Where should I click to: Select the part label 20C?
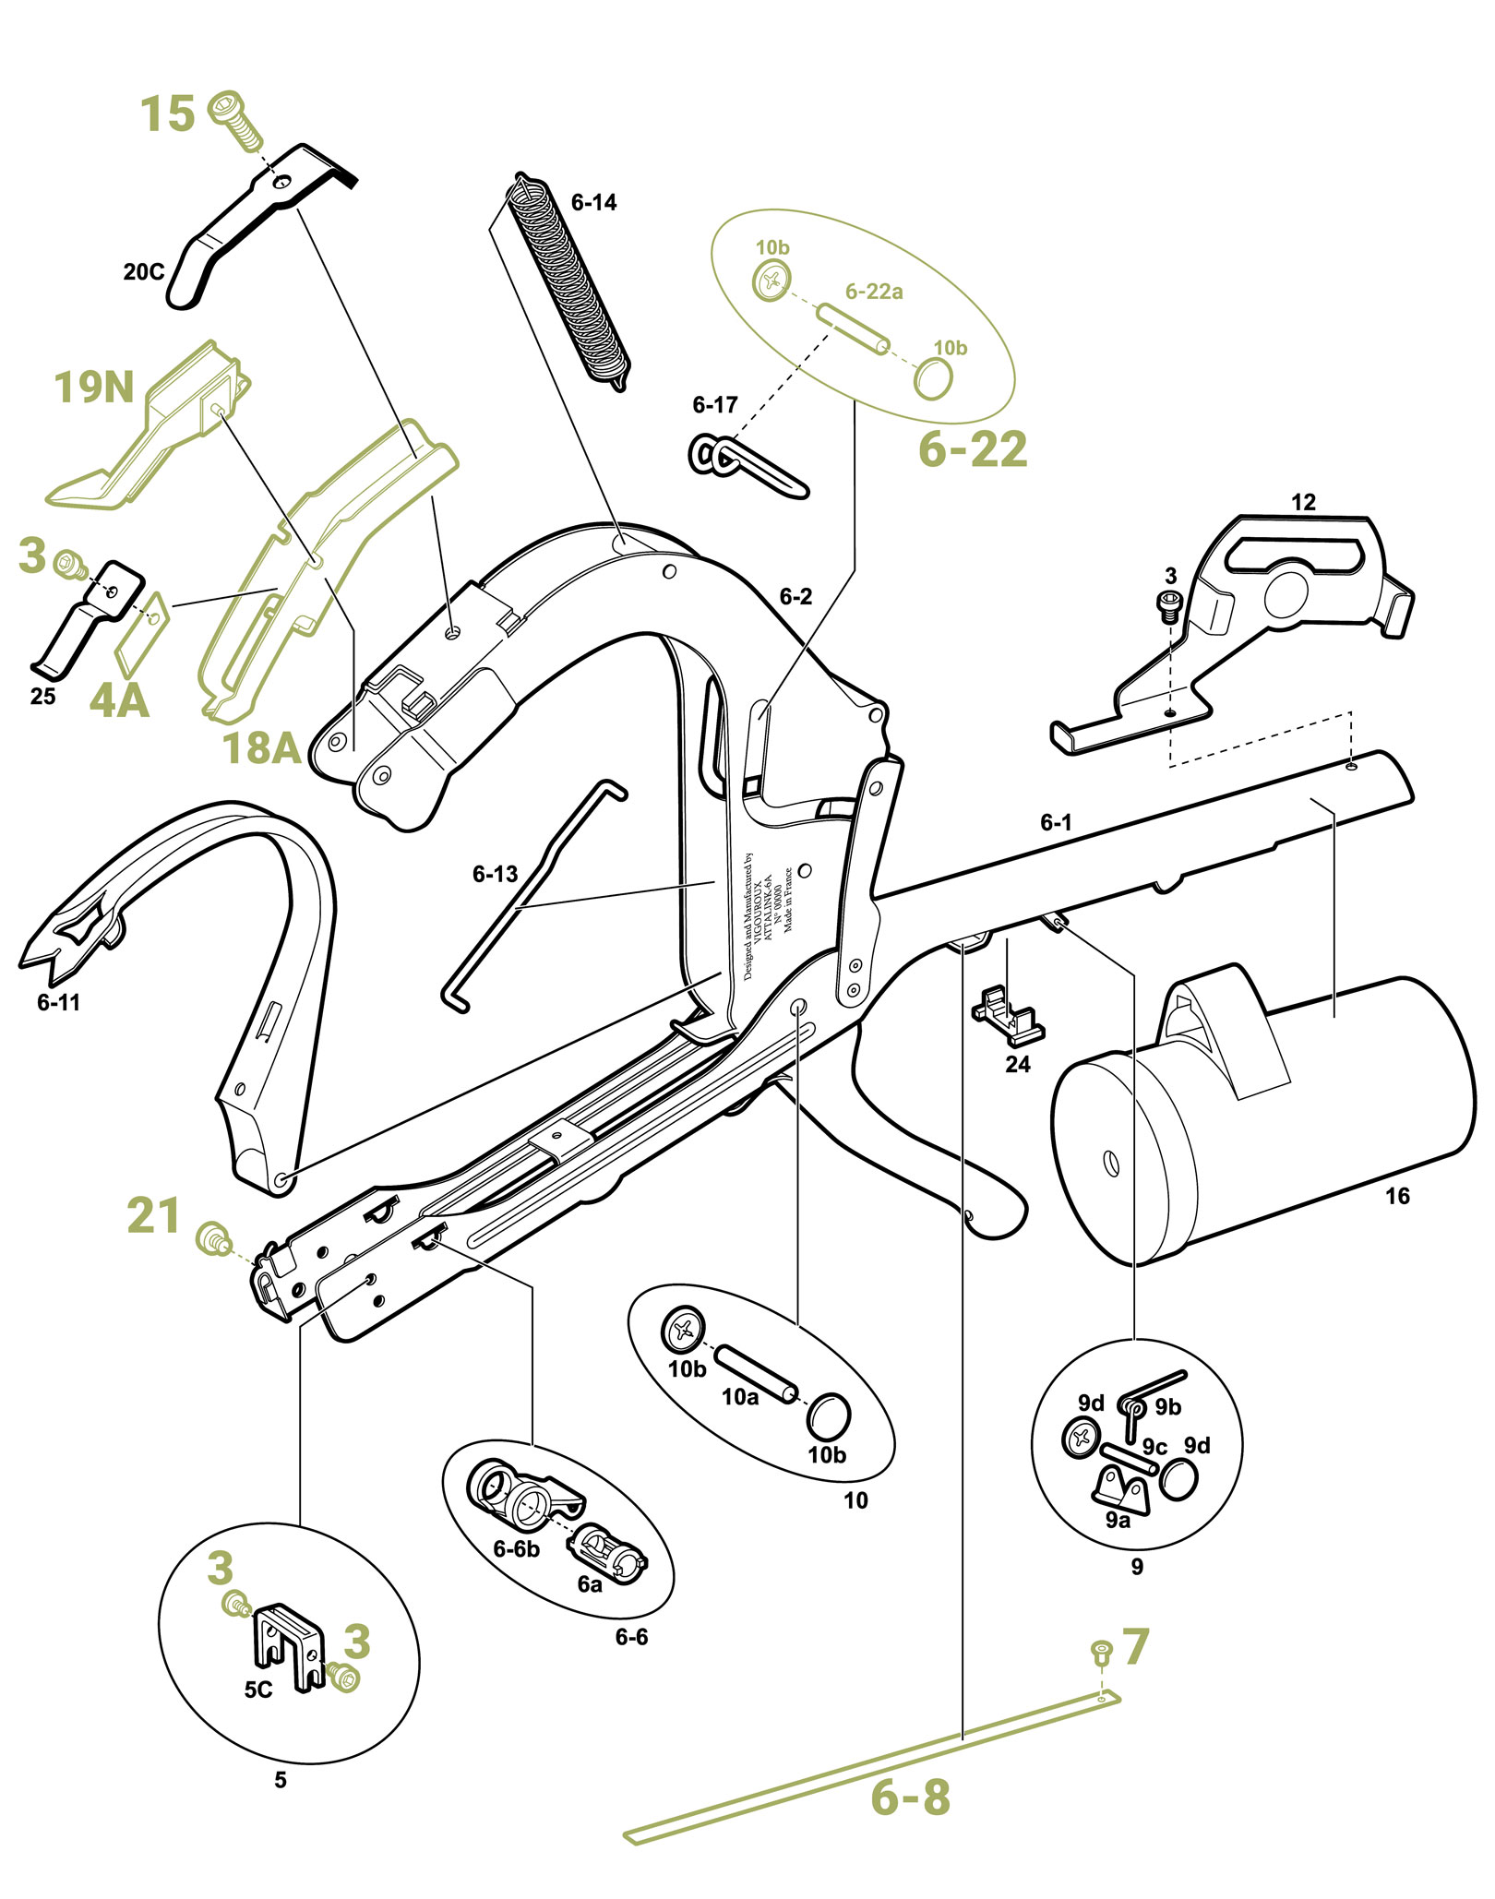144,271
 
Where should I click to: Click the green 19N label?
94,388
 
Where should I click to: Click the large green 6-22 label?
973,449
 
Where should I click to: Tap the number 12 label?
1303,503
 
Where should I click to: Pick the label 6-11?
58,1002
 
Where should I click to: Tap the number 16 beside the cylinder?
1397,1197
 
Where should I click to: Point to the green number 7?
1135,1647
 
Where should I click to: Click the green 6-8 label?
910,1797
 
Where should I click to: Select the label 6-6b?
516,1549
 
